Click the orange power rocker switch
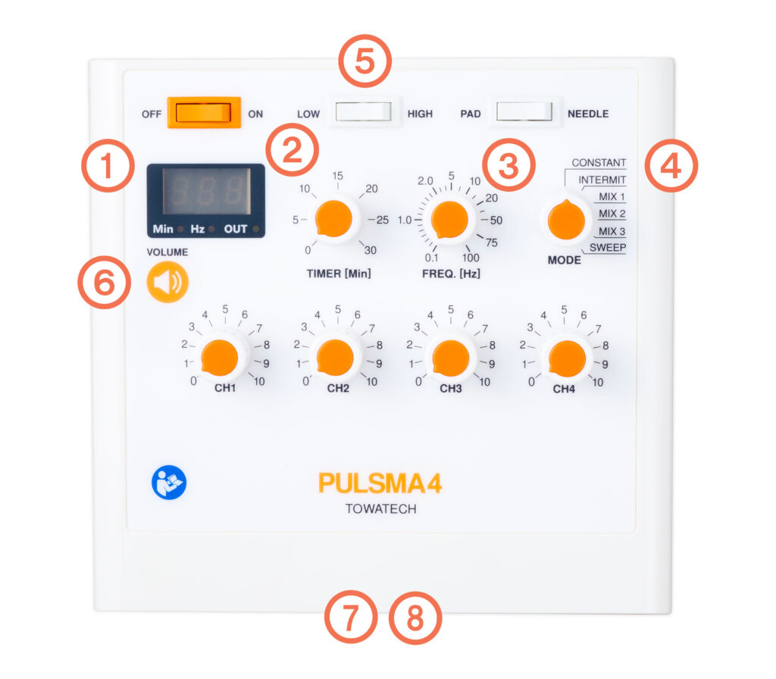pyautogui.click(x=204, y=113)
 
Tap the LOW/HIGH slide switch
pyautogui.click(x=364, y=112)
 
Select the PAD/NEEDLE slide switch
pyautogui.click(x=524, y=111)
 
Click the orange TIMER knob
pyautogui.click(x=333, y=219)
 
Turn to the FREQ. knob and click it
pyautogui.click(x=449, y=220)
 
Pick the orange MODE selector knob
pyautogui.click(x=566, y=221)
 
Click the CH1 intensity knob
pyautogui.click(x=219, y=358)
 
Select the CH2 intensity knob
pyautogui.click(x=335, y=358)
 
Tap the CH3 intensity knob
pyautogui.click(x=450, y=358)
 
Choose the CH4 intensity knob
pyautogui.click(x=567, y=358)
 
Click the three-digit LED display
pyautogui.click(x=206, y=191)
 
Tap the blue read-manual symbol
pyautogui.click(x=169, y=483)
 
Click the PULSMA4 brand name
pyautogui.click(x=380, y=483)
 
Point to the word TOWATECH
pyautogui.click(x=380, y=508)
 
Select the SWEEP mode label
pyautogui.click(x=608, y=248)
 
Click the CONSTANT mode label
pyautogui.click(x=599, y=162)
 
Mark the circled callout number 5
pyautogui.click(x=365, y=61)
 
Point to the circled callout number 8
pyautogui.click(x=415, y=618)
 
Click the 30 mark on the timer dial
pyautogui.click(x=370, y=250)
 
